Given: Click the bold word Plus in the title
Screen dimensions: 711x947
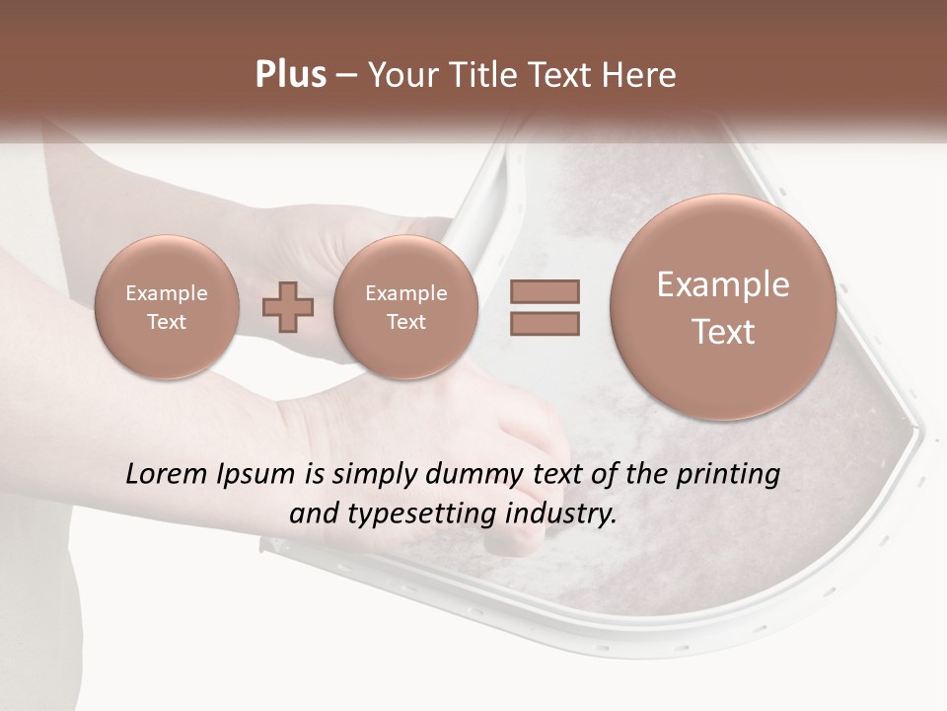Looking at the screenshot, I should tap(291, 75).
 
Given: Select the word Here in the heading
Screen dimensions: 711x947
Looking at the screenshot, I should tap(642, 75).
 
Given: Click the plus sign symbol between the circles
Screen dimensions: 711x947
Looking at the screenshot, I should tap(288, 306).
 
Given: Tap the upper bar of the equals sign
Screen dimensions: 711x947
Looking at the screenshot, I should tap(545, 291).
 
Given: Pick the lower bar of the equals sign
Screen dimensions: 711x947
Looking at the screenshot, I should tap(545, 323).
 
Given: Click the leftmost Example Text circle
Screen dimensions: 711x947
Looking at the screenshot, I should tap(167, 306).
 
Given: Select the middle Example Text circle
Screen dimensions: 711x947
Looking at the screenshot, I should tap(405, 306).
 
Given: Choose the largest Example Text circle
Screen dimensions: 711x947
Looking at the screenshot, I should tap(723, 306).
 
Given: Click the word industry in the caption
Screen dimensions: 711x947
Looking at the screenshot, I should tap(560, 514).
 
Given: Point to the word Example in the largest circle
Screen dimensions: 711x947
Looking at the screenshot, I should tap(723, 284).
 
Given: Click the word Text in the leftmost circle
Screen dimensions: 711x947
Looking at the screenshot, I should tap(167, 322).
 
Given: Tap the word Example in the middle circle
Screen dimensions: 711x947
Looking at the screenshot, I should tap(405, 293).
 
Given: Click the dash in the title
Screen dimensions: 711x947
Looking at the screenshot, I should tap(345, 75).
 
